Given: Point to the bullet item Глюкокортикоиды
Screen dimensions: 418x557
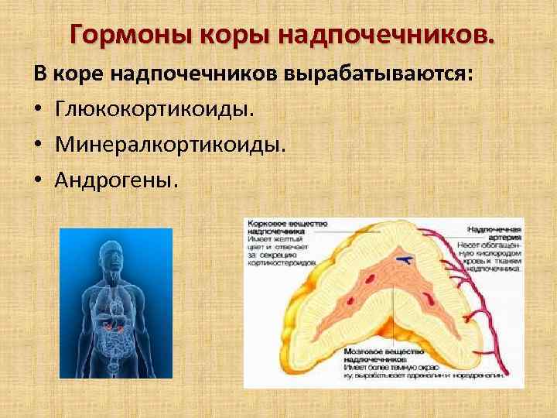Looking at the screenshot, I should point(154,111).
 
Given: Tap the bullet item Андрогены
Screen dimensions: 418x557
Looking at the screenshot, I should point(116,179).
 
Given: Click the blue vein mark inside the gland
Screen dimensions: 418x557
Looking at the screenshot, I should point(403,259).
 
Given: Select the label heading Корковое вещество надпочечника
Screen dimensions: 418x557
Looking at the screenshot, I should point(286,226).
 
